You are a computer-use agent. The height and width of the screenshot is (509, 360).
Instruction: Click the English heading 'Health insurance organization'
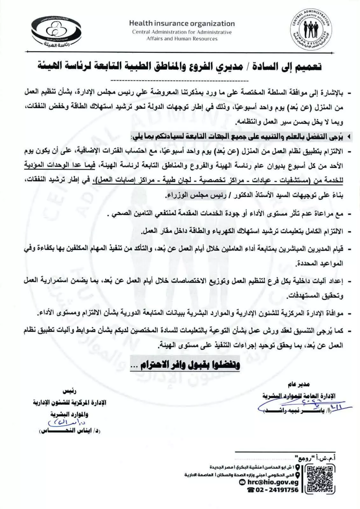click(182, 24)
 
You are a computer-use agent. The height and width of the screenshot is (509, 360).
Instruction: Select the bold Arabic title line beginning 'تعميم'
click(180, 67)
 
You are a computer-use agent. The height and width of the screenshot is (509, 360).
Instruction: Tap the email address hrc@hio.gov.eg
click(273, 483)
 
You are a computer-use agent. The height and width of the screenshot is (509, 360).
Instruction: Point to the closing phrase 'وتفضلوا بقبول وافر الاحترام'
click(185, 365)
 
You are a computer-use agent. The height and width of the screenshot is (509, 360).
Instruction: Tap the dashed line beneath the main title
click(180, 79)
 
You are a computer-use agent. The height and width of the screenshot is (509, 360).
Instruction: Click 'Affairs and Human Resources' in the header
click(182, 39)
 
